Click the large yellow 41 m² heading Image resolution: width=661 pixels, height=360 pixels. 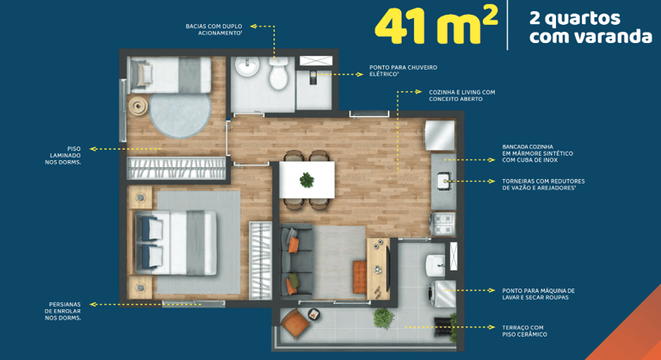point(436,25)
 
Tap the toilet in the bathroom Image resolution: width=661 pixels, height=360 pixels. point(278,73)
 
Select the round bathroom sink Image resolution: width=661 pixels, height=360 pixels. point(247,66)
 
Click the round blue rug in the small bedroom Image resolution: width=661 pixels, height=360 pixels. point(180,115)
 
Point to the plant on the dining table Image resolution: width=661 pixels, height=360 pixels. point(307,180)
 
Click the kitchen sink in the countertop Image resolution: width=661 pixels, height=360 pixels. point(443,182)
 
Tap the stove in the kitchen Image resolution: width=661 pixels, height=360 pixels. point(442,224)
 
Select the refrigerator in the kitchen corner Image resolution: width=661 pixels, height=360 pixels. point(440,135)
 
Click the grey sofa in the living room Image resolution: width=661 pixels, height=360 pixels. point(296,262)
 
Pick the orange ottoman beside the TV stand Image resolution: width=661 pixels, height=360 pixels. point(360,276)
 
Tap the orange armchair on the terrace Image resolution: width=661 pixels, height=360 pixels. point(294,323)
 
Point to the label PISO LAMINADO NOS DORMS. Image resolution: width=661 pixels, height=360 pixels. point(63,155)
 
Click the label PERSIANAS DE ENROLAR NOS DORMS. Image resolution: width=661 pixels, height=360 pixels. point(63,311)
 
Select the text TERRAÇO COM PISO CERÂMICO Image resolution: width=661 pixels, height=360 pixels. point(524,331)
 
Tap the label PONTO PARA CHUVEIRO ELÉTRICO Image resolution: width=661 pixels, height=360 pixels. point(403,71)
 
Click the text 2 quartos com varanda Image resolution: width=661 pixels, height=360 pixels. point(590,27)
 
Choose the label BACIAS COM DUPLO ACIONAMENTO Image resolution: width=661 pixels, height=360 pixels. point(214,29)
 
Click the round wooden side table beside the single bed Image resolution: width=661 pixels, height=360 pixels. point(138,106)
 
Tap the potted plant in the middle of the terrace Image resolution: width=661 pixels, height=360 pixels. point(384,318)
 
